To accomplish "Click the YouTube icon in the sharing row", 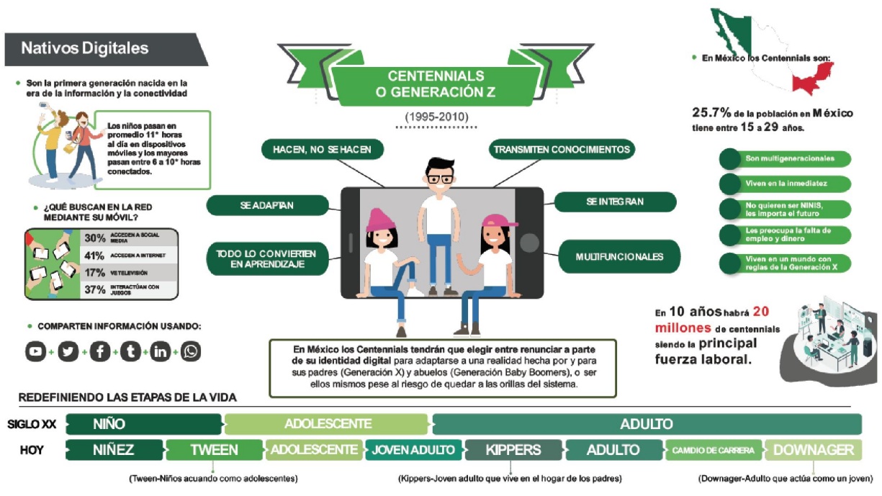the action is pos(35,352).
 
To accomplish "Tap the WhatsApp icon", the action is pos(191,352).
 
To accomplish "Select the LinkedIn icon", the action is pos(160,352).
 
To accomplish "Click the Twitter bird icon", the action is pos(68,352).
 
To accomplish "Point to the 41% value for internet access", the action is pos(95,256).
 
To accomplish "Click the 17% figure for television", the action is pos(95,273).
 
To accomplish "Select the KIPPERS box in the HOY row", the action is pos(513,450).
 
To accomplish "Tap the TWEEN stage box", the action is pos(214,450).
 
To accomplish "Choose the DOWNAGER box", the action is pos(812,450).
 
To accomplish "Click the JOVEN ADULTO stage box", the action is pos(413,450).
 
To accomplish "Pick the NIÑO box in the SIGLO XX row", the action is pos(109,424).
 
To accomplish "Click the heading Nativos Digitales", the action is pos(84,49).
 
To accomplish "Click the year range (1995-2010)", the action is pos(436,116).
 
